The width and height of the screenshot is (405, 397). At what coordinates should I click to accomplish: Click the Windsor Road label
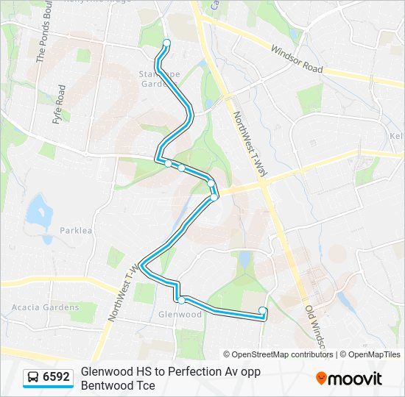tap(297, 59)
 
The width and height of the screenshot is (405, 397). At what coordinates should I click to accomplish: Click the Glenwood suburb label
tap(180, 315)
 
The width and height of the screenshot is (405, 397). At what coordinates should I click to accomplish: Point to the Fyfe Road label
tap(60, 104)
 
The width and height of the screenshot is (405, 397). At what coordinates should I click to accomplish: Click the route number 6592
tap(56, 378)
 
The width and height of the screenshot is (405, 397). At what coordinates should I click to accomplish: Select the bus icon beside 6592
tap(33, 378)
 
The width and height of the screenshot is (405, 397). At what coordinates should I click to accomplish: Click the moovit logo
tap(349, 379)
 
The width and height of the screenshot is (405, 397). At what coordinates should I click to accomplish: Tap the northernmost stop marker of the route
tap(166, 43)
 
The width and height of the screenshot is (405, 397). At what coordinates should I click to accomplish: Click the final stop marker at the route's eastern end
tap(264, 310)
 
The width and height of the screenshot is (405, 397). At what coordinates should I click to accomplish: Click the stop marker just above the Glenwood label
tap(180, 300)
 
